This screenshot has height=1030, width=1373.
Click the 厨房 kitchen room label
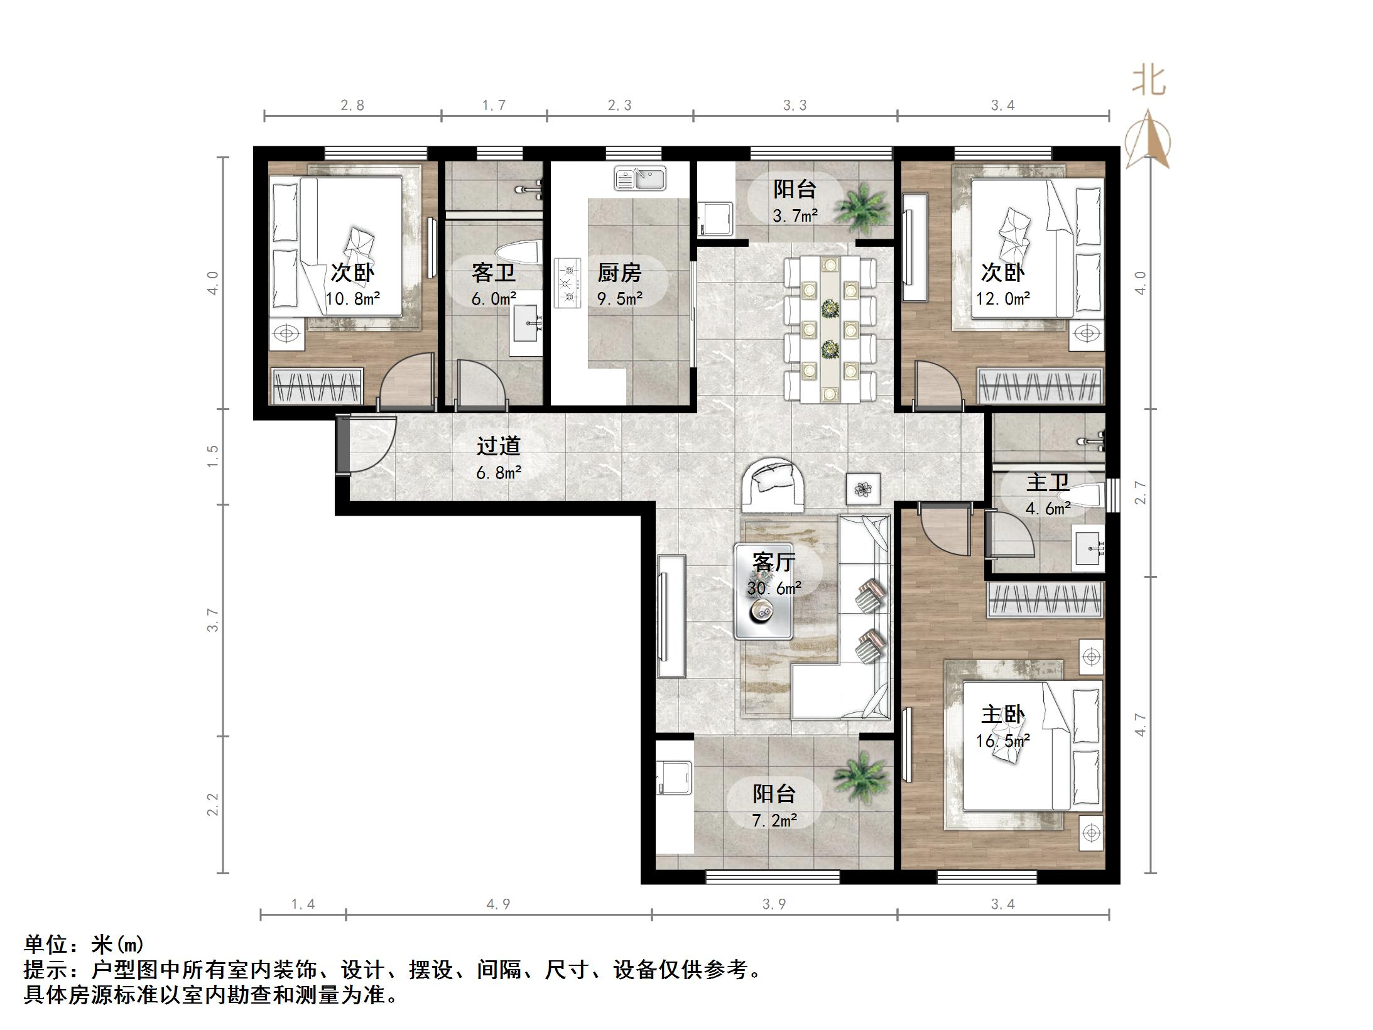pos(619,273)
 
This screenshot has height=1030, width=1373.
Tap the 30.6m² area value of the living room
pos(774,588)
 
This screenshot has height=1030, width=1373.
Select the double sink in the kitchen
pos(639,178)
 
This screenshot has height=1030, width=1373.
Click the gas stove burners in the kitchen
pos(567,283)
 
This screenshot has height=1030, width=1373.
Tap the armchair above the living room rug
pos(773,485)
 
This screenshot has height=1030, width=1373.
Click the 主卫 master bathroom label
pos(1048,483)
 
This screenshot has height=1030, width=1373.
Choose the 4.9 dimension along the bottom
pos(498,904)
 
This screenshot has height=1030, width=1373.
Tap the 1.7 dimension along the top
pos(494,105)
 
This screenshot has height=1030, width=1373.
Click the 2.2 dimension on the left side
pos(213,805)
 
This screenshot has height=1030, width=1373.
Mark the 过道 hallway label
pos(498,446)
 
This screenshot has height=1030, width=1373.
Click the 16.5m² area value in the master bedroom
pos(1002,741)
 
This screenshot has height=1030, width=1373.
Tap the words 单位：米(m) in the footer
pos(84,944)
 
